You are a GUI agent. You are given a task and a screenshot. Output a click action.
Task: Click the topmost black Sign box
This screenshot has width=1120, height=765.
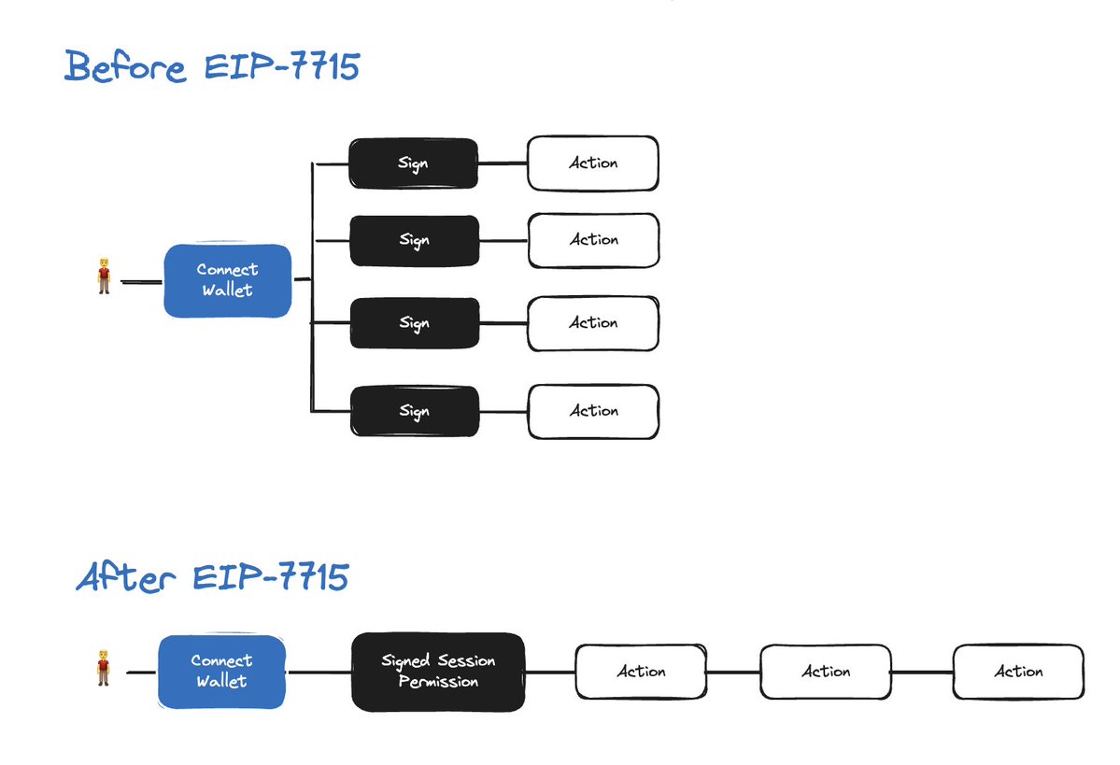pos(413,163)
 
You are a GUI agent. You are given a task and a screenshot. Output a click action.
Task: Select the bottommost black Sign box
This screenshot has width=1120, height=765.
pos(415,411)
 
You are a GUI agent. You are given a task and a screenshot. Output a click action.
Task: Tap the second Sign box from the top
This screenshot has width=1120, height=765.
pos(415,241)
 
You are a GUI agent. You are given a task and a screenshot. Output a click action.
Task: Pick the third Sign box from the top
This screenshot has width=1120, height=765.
pos(415,323)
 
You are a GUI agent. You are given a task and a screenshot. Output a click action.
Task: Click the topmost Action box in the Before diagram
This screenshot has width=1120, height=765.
pos(593,163)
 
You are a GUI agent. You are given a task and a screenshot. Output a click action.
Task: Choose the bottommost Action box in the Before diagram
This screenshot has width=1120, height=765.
pos(593,411)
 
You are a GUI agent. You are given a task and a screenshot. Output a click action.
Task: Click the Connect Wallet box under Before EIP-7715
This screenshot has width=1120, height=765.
pos(227,280)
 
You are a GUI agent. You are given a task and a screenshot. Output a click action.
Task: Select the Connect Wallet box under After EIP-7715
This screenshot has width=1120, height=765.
pos(221,672)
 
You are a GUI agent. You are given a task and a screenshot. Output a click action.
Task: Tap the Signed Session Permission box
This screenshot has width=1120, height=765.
pos(438,672)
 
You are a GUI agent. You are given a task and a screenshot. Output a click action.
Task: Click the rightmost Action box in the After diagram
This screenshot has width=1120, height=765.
pos(1018,672)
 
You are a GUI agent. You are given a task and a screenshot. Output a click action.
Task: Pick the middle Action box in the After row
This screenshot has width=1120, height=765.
pos(826,672)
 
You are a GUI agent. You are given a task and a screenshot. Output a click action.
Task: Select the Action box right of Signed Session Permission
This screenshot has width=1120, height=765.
pos(641,672)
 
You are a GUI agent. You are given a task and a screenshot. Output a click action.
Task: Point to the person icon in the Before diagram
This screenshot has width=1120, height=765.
pos(105,276)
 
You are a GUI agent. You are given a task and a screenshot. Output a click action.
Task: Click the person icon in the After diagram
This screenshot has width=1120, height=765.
pos(104,668)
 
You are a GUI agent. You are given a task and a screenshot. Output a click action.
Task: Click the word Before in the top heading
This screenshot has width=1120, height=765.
pos(126,67)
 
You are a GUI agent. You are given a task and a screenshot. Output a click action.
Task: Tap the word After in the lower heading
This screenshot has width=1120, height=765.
pos(126,577)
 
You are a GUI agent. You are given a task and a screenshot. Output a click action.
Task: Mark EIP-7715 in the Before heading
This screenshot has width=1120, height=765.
pos(282,66)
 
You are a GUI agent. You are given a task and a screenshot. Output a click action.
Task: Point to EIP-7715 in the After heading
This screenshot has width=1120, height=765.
pos(271,577)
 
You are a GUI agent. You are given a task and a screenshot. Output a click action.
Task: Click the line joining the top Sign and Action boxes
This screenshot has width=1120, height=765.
pos(503,163)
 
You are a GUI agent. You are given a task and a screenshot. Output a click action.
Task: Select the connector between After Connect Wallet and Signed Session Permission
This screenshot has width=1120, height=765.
pos(319,673)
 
